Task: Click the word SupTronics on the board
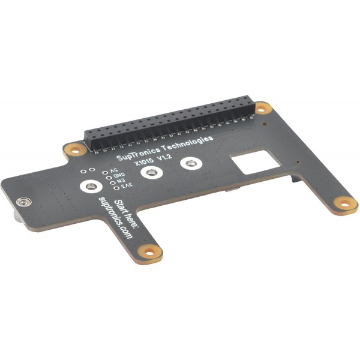coord(139,154)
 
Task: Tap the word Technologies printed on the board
coord(188,143)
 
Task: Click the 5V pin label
coord(114,171)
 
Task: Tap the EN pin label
coord(121,181)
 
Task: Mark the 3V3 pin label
coord(127,185)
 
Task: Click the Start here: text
coord(126,214)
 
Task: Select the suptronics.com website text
coord(115,218)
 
